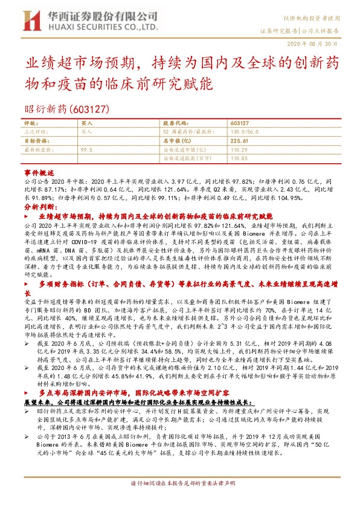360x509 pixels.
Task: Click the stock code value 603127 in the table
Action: coord(240,123)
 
